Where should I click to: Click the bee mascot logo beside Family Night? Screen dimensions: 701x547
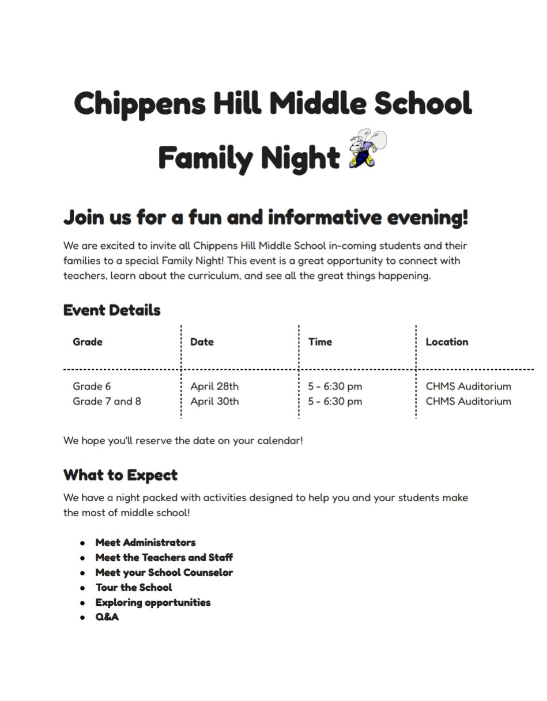(x=367, y=149)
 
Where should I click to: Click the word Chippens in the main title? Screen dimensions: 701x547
(x=139, y=104)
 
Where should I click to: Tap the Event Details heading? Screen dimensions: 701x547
(x=112, y=310)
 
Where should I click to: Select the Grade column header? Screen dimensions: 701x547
(x=88, y=342)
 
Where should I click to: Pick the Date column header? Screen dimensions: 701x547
(x=202, y=342)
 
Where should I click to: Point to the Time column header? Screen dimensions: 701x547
(x=320, y=342)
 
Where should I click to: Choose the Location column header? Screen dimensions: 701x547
(x=447, y=342)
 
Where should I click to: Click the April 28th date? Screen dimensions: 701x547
(x=214, y=386)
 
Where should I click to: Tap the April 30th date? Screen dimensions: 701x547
(x=214, y=401)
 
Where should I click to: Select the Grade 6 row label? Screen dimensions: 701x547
(x=92, y=386)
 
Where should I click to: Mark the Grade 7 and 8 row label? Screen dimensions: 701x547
(x=107, y=401)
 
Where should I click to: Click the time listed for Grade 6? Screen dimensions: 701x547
(x=335, y=386)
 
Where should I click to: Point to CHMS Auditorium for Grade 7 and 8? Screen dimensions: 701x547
(x=468, y=401)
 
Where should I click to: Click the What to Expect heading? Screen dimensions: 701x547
(x=120, y=475)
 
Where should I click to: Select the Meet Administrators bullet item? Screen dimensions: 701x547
(x=145, y=542)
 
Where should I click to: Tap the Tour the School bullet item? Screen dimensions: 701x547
(x=134, y=587)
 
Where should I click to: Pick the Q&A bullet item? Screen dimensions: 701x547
(x=107, y=617)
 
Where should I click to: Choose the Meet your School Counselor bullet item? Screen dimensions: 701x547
(x=164, y=572)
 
